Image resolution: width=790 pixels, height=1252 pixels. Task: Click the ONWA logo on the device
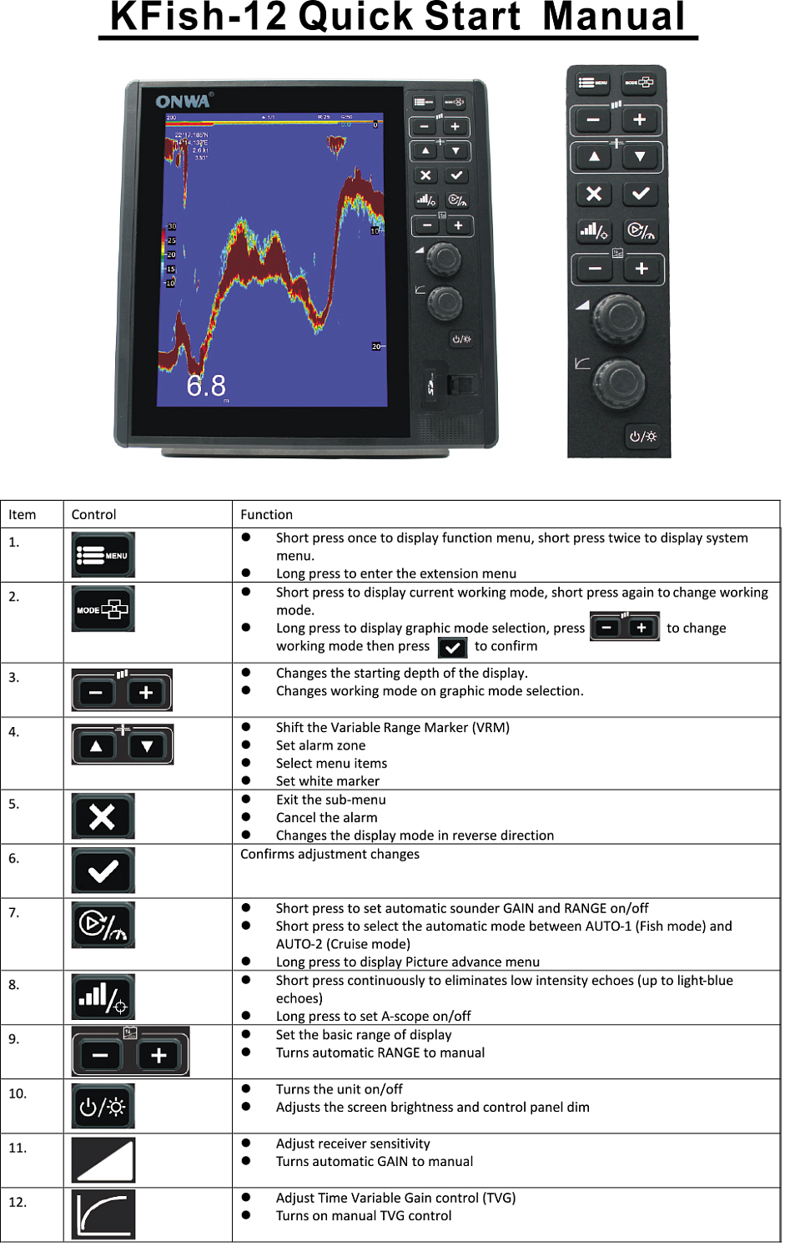(184, 101)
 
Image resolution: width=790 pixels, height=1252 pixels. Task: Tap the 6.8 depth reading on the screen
(206, 386)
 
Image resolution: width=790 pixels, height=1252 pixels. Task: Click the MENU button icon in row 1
(103, 555)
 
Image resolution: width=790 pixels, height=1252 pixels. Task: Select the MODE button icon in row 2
(103, 609)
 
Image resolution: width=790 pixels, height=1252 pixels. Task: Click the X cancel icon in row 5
(103, 816)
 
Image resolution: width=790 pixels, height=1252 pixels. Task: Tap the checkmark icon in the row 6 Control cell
(103, 871)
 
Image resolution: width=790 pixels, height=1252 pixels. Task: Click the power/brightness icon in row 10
(103, 1107)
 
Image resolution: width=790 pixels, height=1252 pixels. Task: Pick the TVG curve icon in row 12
(103, 1214)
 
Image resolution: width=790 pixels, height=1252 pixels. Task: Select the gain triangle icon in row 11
(103, 1160)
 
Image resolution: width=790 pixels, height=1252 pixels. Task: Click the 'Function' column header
(266, 514)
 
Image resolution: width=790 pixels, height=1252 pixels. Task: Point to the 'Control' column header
(93, 514)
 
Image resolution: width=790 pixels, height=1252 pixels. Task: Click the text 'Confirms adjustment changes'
(330, 854)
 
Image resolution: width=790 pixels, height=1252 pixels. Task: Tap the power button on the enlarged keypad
(642, 437)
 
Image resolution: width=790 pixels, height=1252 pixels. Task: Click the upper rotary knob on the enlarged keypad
(619, 317)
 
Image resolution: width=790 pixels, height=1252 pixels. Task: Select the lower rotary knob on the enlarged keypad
(619, 382)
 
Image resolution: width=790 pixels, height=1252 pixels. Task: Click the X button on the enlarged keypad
(594, 194)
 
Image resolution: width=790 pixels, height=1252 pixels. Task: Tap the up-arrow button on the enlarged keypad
(594, 156)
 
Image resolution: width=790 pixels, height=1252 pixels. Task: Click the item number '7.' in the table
(14, 912)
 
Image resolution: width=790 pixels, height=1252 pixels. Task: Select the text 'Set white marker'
(327, 781)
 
